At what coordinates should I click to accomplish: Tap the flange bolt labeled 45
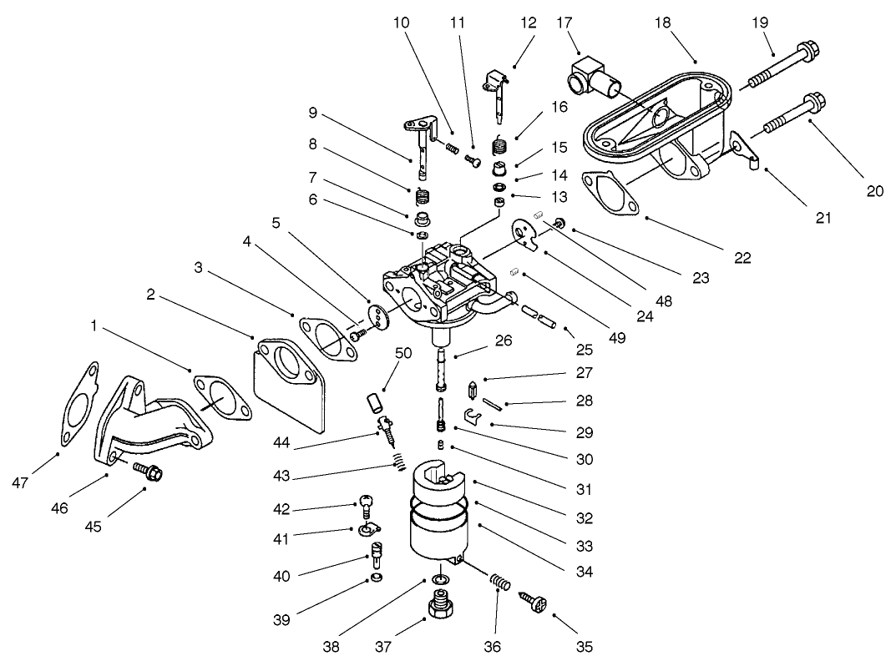pyautogui.click(x=149, y=471)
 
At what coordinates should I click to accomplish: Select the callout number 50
pyautogui.click(x=403, y=354)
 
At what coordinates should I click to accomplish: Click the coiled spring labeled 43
pyautogui.click(x=401, y=460)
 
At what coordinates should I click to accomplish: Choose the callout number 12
pyautogui.click(x=528, y=23)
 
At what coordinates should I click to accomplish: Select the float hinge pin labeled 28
pyautogui.click(x=491, y=406)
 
